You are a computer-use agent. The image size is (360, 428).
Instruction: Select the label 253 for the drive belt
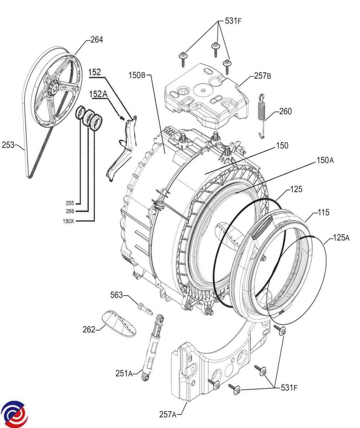click(x=8, y=145)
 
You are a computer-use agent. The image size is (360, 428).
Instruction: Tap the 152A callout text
click(x=98, y=94)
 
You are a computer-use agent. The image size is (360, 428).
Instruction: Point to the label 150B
click(x=138, y=75)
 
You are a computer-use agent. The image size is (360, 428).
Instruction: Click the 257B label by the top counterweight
click(x=263, y=76)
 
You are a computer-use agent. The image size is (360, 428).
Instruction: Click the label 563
click(x=117, y=295)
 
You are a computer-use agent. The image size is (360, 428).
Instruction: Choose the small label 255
click(x=70, y=203)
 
